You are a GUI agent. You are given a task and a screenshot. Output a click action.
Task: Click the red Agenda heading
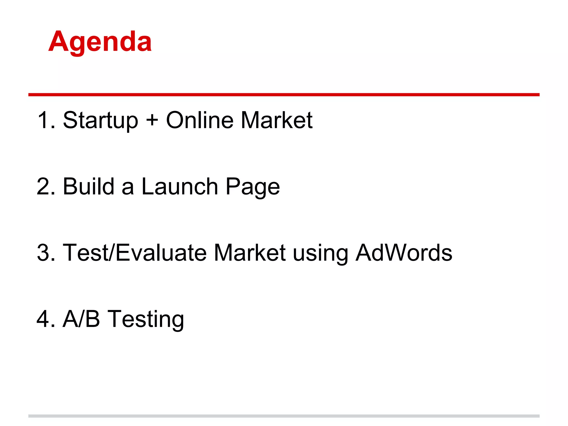pos(100,42)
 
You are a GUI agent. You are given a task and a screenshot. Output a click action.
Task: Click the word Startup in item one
pos(100,120)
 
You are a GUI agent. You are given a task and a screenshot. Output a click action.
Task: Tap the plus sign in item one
pos(152,120)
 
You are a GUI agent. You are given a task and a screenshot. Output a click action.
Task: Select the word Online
pos(200,120)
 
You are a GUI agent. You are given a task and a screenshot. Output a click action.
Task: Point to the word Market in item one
pos(277,120)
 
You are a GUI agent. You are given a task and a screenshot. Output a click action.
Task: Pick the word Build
pos(88,187)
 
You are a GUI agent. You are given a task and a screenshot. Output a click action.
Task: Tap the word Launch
pos(180,187)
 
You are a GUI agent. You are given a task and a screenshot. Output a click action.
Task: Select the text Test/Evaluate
pos(135,253)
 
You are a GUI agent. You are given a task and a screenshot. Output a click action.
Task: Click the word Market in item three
pos(250,253)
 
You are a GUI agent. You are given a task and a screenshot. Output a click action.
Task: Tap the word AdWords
pos(404,253)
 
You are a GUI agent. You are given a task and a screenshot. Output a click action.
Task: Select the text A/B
pos(81,319)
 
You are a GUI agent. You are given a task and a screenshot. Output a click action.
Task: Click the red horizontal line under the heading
pos(284,95)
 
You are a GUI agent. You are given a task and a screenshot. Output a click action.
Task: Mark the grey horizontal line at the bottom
pos(284,416)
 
